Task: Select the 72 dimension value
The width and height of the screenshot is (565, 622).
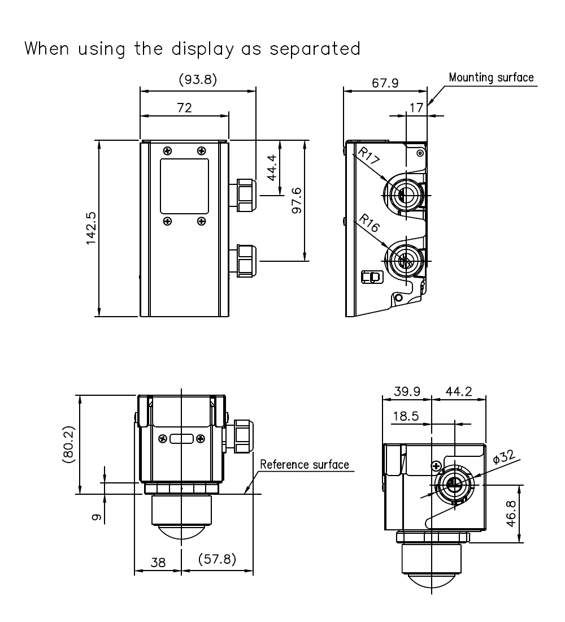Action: click(185, 107)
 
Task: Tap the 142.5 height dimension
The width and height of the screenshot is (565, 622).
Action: click(90, 228)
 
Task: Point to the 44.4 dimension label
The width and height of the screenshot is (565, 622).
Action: click(271, 168)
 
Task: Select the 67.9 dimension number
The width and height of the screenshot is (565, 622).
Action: click(385, 83)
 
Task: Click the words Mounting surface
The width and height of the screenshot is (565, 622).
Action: click(491, 77)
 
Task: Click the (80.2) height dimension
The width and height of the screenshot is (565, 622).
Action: click(68, 444)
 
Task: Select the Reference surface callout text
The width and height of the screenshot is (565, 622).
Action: click(305, 465)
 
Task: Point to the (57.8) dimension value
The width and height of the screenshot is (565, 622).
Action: click(218, 559)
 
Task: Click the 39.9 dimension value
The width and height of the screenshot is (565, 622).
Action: click(407, 392)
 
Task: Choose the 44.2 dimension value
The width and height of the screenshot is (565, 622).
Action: click(458, 392)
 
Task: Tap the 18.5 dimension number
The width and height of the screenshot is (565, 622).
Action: click(406, 417)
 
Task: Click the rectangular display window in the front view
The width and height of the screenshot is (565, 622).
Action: click(184, 186)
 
